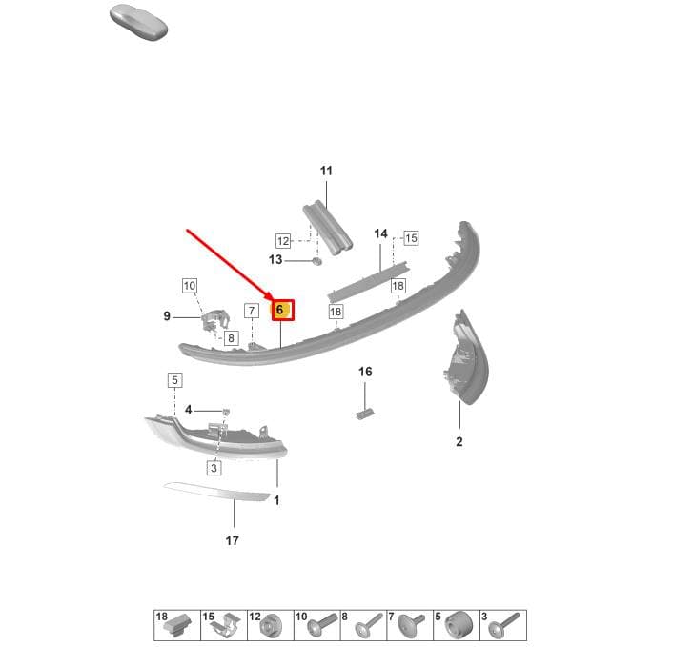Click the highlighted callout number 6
pyautogui.click(x=283, y=310)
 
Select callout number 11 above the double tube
pyautogui.click(x=326, y=171)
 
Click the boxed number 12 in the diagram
pyautogui.click(x=283, y=241)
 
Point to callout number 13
pyautogui.click(x=275, y=259)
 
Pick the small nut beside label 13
pyautogui.click(x=316, y=261)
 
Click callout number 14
pyautogui.click(x=380, y=233)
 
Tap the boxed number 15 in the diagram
pyautogui.click(x=411, y=237)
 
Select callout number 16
pyautogui.click(x=365, y=372)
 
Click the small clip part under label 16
pyautogui.click(x=364, y=414)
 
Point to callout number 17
pyautogui.click(x=233, y=540)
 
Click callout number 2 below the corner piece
pyautogui.click(x=459, y=441)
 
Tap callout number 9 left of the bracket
pyautogui.click(x=167, y=316)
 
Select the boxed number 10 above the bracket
pyautogui.click(x=190, y=285)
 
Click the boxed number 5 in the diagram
pyautogui.click(x=174, y=380)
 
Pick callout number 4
pyautogui.click(x=188, y=410)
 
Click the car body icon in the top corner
pyautogui.click(x=138, y=24)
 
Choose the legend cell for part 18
pyautogui.click(x=177, y=625)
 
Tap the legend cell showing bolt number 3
pyautogui.click(x=503, y=625)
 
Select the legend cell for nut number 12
pyautogui.click(x=271, y=625)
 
